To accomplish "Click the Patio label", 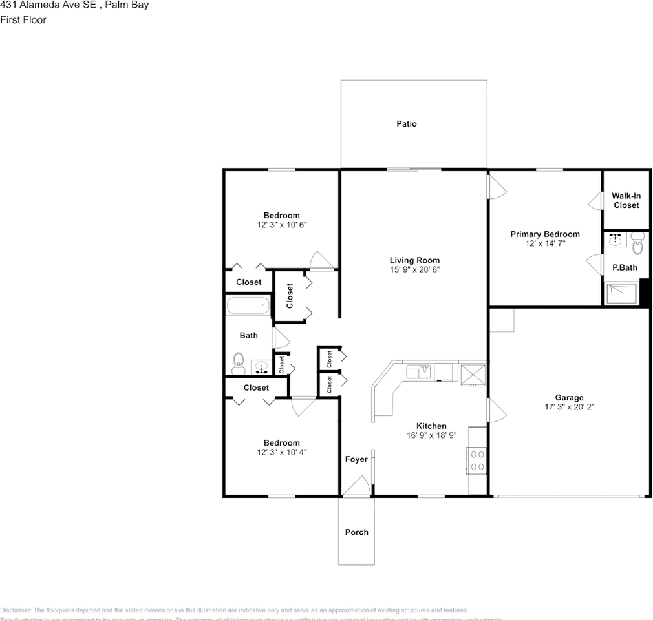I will pyautogui.click(x=407, y=123).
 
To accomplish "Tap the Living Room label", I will pyautogui.click(x=414, y=260).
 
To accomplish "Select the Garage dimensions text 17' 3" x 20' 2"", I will pyautogui.click(x=569, y=407).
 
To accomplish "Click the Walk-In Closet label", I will pyautogui.click(x=626, y=200).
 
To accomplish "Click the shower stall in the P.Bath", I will pyautogui.click(x=622, y=293).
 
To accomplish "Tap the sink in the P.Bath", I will pyautogui.click(x=615, y=241).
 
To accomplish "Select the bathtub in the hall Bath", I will pyautogui.click(x=248, y=305).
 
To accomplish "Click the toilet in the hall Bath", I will pyautogui.click(x=239, y=364).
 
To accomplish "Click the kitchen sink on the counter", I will pyautogui.click(x=418, y=372).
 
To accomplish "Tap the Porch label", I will pyautogui.click(x=356, y=532).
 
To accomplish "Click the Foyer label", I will pyautogui.click(x=356, y=459).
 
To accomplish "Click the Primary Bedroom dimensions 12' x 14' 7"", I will pyautogui.click(x=545, y=243).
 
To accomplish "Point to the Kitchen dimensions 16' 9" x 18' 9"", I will pyautogui.click(x=431, y=435).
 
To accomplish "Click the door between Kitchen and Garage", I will pyautogui.click(x=495, y=409).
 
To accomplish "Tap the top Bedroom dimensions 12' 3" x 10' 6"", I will pyautogui.click(x=281, y=225).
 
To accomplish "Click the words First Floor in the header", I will pyautogui.click(x=23, y=20).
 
